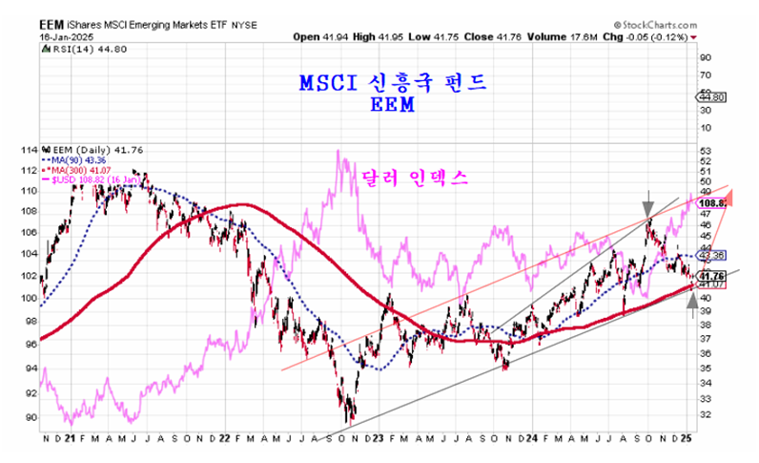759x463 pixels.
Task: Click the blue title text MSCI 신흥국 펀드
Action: [392, 84]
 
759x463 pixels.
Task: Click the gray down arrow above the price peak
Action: [648, 202]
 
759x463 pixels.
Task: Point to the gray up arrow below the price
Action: [692, 308]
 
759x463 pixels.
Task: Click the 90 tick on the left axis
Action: [31, 417]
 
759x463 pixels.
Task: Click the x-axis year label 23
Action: [379, 438]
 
